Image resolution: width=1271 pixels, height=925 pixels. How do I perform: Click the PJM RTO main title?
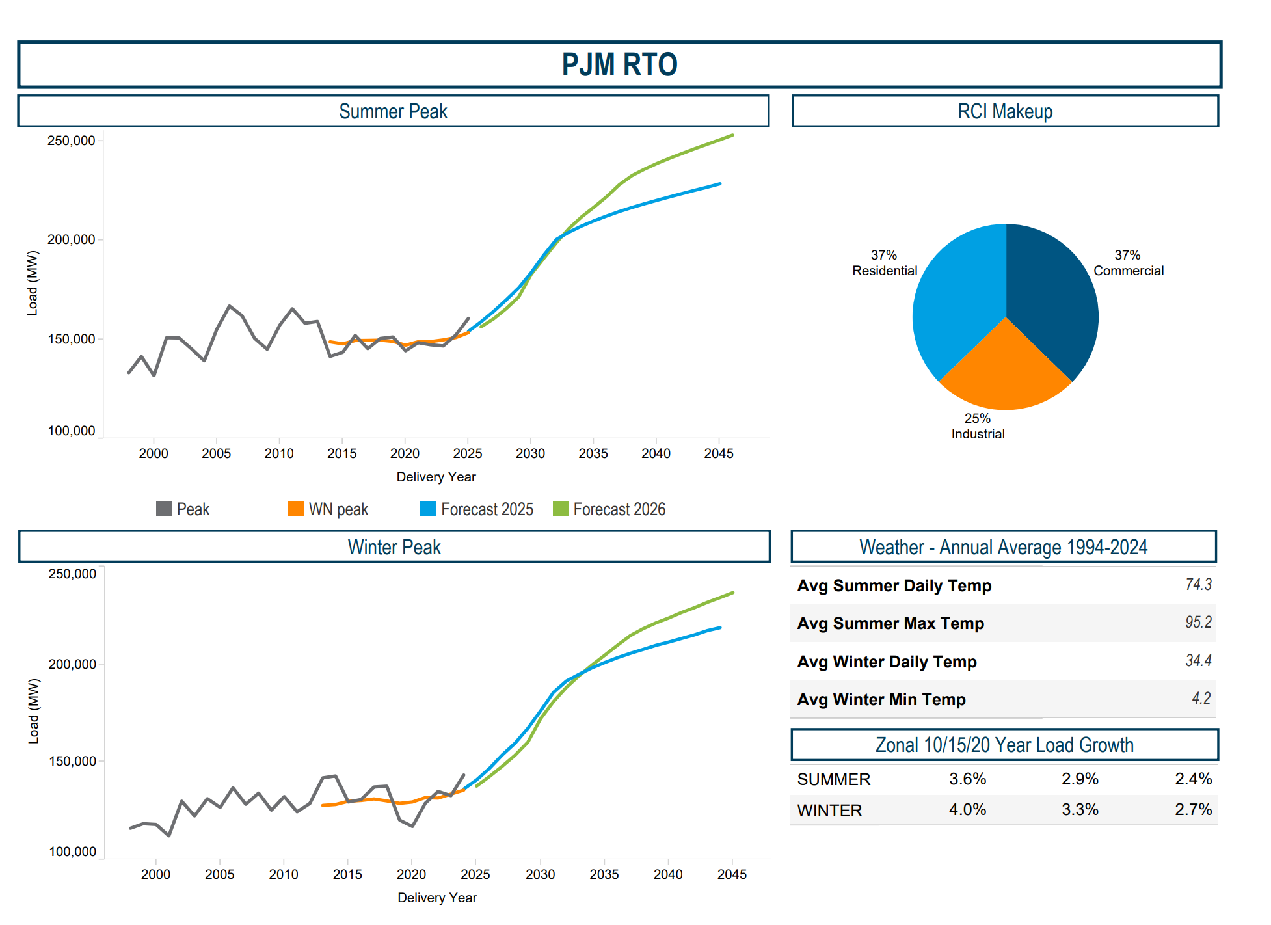coord(619,65)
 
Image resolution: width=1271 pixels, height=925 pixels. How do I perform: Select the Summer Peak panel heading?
coord(393,111)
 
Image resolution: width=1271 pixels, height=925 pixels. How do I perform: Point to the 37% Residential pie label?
coord(884,263)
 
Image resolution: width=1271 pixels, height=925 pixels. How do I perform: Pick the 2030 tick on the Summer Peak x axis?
coord(530,453)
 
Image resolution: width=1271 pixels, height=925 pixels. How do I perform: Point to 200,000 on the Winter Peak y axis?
coord(72,664)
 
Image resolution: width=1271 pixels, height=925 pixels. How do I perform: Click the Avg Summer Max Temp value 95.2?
coord(1197,623)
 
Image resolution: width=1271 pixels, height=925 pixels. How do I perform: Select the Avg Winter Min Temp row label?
coord(881,699)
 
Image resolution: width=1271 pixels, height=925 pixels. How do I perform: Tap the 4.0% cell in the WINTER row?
coord(967,810)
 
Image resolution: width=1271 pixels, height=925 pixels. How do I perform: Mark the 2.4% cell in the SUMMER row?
coord(1193,779)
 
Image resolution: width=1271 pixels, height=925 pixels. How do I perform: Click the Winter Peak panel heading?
coord(394,547)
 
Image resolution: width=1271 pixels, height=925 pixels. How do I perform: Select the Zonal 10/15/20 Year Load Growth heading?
coord(1004,745)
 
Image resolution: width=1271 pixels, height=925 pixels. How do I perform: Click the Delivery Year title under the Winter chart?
coord(437,898)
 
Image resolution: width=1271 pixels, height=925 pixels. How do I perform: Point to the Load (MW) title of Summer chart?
coord(33,283)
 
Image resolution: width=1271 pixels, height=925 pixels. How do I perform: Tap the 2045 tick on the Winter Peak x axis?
coord(732,874)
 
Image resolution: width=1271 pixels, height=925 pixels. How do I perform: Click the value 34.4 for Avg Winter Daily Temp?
coord(1197,661)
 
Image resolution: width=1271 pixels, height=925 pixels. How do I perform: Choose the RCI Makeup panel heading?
coord(1004,111)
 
